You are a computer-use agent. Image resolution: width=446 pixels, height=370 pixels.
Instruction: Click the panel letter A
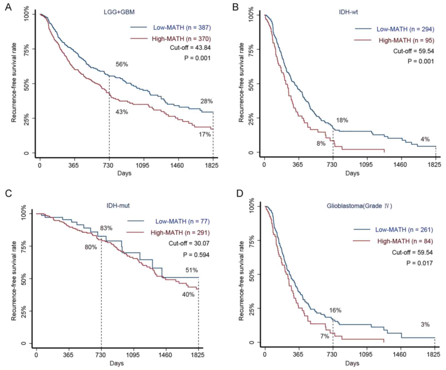point(8,7)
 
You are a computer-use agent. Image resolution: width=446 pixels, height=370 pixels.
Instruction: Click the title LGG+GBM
point(119,12)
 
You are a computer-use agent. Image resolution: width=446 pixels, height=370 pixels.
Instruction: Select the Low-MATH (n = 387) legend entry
point(182,27)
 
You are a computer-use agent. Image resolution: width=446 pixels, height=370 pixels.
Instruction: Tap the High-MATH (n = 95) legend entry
point(406,40)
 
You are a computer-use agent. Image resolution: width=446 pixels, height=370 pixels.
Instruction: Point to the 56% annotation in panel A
point(122,64)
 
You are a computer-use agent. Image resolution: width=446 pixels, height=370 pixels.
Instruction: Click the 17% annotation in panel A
point(205,134)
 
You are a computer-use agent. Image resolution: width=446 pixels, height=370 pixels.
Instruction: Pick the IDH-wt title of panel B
point(348,12)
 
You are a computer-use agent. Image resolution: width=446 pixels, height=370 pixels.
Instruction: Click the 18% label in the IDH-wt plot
point(342,120)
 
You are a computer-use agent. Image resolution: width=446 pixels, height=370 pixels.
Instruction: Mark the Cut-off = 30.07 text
point(189,243)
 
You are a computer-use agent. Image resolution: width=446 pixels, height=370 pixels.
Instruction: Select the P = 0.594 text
point(196,255)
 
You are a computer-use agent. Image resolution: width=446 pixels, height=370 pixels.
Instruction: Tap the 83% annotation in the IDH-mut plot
point(106,228)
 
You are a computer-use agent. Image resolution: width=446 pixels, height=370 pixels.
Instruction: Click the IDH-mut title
point(118,206)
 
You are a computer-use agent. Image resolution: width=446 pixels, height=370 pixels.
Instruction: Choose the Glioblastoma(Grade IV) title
point(359,206)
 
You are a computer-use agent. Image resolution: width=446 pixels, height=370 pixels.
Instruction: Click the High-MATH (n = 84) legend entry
point(405,241)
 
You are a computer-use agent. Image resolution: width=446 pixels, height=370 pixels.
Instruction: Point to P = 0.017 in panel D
point(419,263)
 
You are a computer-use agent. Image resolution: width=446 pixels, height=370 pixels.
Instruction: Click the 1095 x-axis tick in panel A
point(143,165)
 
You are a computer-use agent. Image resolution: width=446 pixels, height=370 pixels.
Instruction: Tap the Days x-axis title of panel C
point(117,363)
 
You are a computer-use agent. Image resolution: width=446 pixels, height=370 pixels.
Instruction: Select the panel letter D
point(240,193)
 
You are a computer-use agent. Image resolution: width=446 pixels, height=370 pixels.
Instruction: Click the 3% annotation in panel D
point(425,325)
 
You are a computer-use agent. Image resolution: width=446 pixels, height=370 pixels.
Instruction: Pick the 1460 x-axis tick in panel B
point(400,165)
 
